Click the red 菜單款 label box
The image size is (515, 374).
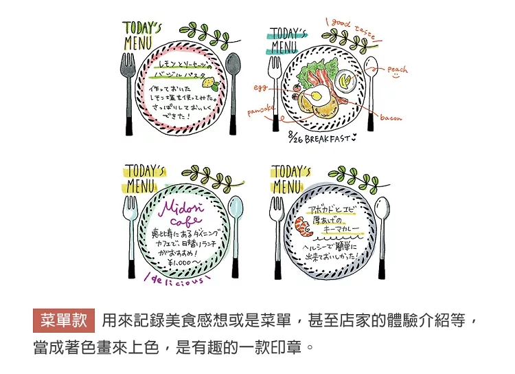click(63, 321)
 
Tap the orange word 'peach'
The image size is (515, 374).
click(397, 69)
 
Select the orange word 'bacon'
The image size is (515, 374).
click(390, 118)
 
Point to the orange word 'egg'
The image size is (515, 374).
click(260, 87)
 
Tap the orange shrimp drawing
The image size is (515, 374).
click(299, 225)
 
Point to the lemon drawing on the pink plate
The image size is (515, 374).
click(212, 85)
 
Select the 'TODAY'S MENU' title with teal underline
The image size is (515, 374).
click(284, 41)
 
